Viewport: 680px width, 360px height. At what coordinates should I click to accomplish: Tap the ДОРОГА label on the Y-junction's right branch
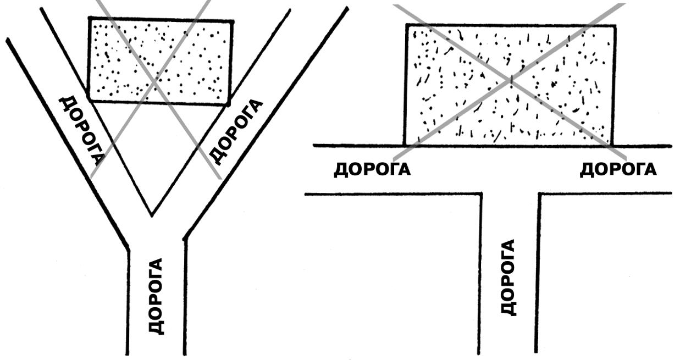pos(237,132)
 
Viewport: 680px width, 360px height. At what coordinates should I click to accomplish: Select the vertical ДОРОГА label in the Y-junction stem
pos(157,296)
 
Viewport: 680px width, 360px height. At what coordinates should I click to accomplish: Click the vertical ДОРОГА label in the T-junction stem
pos(509,277)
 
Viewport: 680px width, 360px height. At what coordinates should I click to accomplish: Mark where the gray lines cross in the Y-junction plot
pos(154,81)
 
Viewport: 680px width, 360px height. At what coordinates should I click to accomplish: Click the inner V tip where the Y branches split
pos(152,214)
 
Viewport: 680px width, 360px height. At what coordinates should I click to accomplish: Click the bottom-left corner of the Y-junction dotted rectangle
pos(89,101)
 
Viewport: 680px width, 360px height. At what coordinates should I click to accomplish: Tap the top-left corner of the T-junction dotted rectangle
pos(407,25)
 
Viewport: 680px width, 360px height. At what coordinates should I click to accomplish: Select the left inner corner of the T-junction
pos(481,193)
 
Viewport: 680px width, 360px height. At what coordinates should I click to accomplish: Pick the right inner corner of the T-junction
pos(540,193)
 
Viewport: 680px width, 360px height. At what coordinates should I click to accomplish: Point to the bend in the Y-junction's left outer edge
pos(128,248)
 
